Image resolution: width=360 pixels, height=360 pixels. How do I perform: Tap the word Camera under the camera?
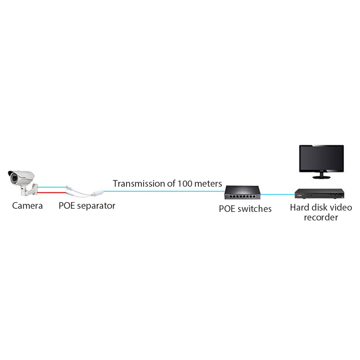point(27,206)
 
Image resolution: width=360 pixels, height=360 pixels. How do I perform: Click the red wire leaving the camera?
point(52,193)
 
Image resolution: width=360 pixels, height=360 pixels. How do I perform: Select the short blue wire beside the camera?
point(52,187)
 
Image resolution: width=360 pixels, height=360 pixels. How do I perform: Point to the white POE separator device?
point(85,192)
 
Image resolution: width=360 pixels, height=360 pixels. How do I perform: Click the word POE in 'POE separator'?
point(67,206)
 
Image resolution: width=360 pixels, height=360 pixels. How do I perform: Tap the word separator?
point(96,206)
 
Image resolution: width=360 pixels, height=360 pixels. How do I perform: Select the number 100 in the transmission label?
point(185,184)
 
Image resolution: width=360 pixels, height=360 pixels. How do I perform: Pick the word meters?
point(208,184)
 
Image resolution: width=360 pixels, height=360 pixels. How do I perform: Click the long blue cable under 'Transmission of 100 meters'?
point(164,191)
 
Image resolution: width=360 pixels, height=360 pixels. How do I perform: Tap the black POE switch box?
point(243,193)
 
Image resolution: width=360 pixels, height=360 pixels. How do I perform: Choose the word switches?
point(255,209)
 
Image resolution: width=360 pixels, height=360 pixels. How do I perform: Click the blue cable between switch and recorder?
point(278,194)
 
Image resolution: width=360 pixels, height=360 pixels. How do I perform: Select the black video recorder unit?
point(319,193)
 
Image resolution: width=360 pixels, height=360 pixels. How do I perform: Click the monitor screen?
point(321,158)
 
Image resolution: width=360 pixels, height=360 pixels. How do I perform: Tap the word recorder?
point(321,217)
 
